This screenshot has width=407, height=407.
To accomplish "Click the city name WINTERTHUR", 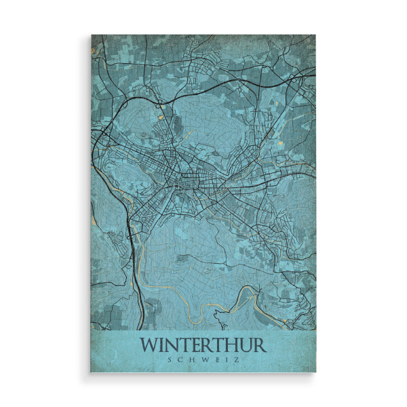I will [x=203, y=345].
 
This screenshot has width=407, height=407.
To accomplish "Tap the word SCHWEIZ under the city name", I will [x=203, y=360].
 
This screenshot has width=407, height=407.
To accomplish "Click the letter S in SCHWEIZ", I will [x=170, y=360].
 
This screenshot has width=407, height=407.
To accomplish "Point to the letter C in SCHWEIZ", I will [x=180, y=360].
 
